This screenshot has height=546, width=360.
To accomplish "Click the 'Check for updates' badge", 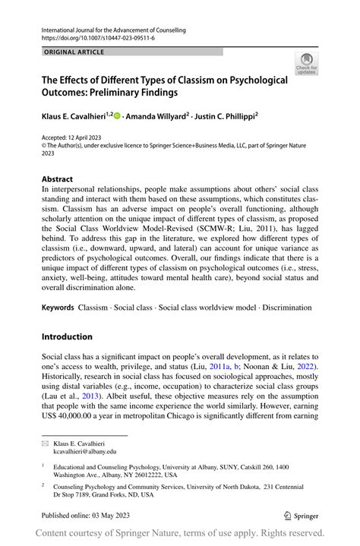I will pos(307,64).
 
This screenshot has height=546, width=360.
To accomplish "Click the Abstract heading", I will pos(58,179).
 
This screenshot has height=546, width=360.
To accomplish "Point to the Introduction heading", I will pos(67,336).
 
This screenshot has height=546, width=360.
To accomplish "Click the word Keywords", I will pos(58,308).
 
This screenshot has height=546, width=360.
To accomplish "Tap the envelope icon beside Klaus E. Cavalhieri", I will pos(45,441).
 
